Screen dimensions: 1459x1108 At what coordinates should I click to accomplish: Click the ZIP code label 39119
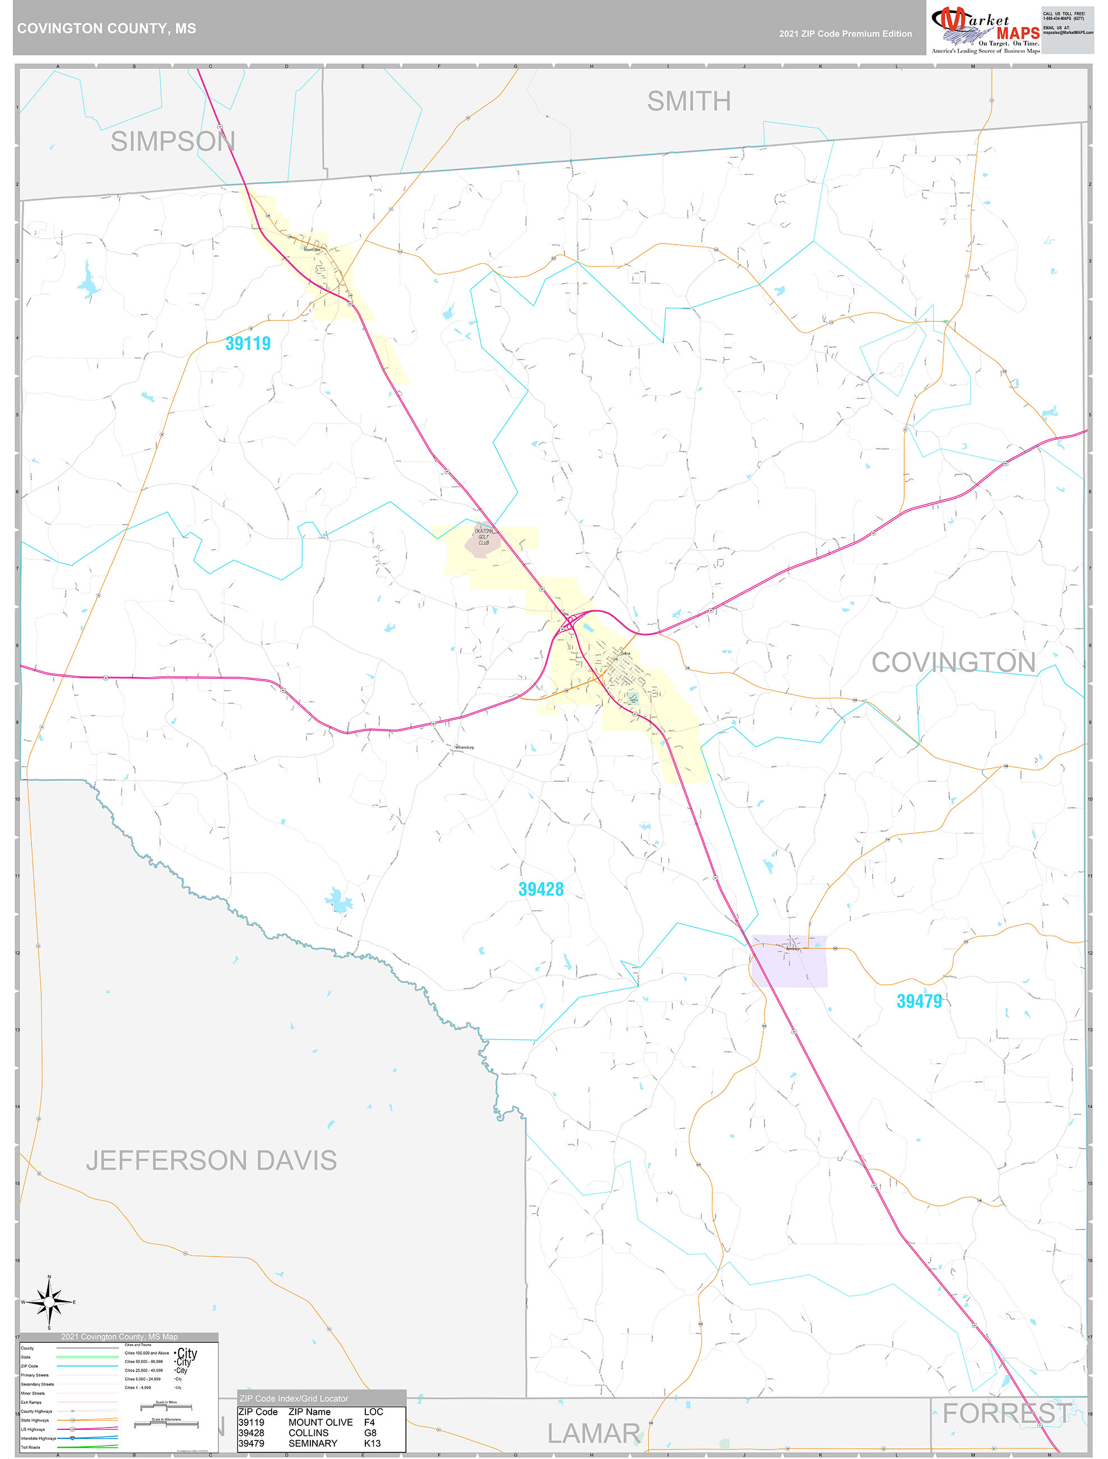coord(248,343)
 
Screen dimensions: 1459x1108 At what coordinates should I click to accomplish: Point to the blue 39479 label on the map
coord(919,1001)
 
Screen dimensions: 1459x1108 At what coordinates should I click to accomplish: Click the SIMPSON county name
coord(172,141)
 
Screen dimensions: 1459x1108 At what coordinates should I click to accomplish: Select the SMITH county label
coord(688,101)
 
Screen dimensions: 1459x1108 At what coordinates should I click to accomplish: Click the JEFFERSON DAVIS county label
coord(211,1160)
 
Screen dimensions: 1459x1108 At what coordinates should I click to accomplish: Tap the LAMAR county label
coord(593,1433)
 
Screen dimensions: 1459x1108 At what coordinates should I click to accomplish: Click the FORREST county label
coord(1007,1414)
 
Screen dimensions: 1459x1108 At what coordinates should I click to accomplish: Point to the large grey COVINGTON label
coord(954,662)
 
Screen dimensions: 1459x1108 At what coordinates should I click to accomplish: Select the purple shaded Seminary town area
coord(790,961)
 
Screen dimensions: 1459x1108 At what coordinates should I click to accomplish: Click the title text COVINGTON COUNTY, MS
coord(106,29)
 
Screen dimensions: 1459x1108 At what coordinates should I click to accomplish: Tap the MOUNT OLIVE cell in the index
coord(320,1423)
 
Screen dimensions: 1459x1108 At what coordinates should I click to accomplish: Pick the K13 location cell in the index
coord(372,1443)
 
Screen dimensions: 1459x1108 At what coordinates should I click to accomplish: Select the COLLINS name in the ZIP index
coord(308,1433)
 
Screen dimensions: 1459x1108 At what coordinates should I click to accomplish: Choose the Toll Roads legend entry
coord(30,1447)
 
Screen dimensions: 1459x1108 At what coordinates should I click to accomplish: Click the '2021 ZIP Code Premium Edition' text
coord(845,34)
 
